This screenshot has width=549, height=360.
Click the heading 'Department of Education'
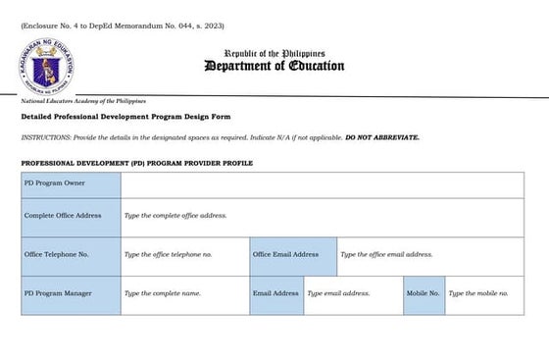tap(274, 67)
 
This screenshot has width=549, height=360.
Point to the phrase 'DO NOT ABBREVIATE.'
tap(381, 137)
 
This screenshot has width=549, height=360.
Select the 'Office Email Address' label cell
tap(292, 254)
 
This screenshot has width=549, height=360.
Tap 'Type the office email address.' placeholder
tap(386, 254)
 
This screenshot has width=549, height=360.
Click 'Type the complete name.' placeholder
tap(162, 293)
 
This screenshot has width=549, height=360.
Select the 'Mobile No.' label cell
tap(423, 293)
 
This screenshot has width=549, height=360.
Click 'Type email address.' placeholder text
tap(338, 293)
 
